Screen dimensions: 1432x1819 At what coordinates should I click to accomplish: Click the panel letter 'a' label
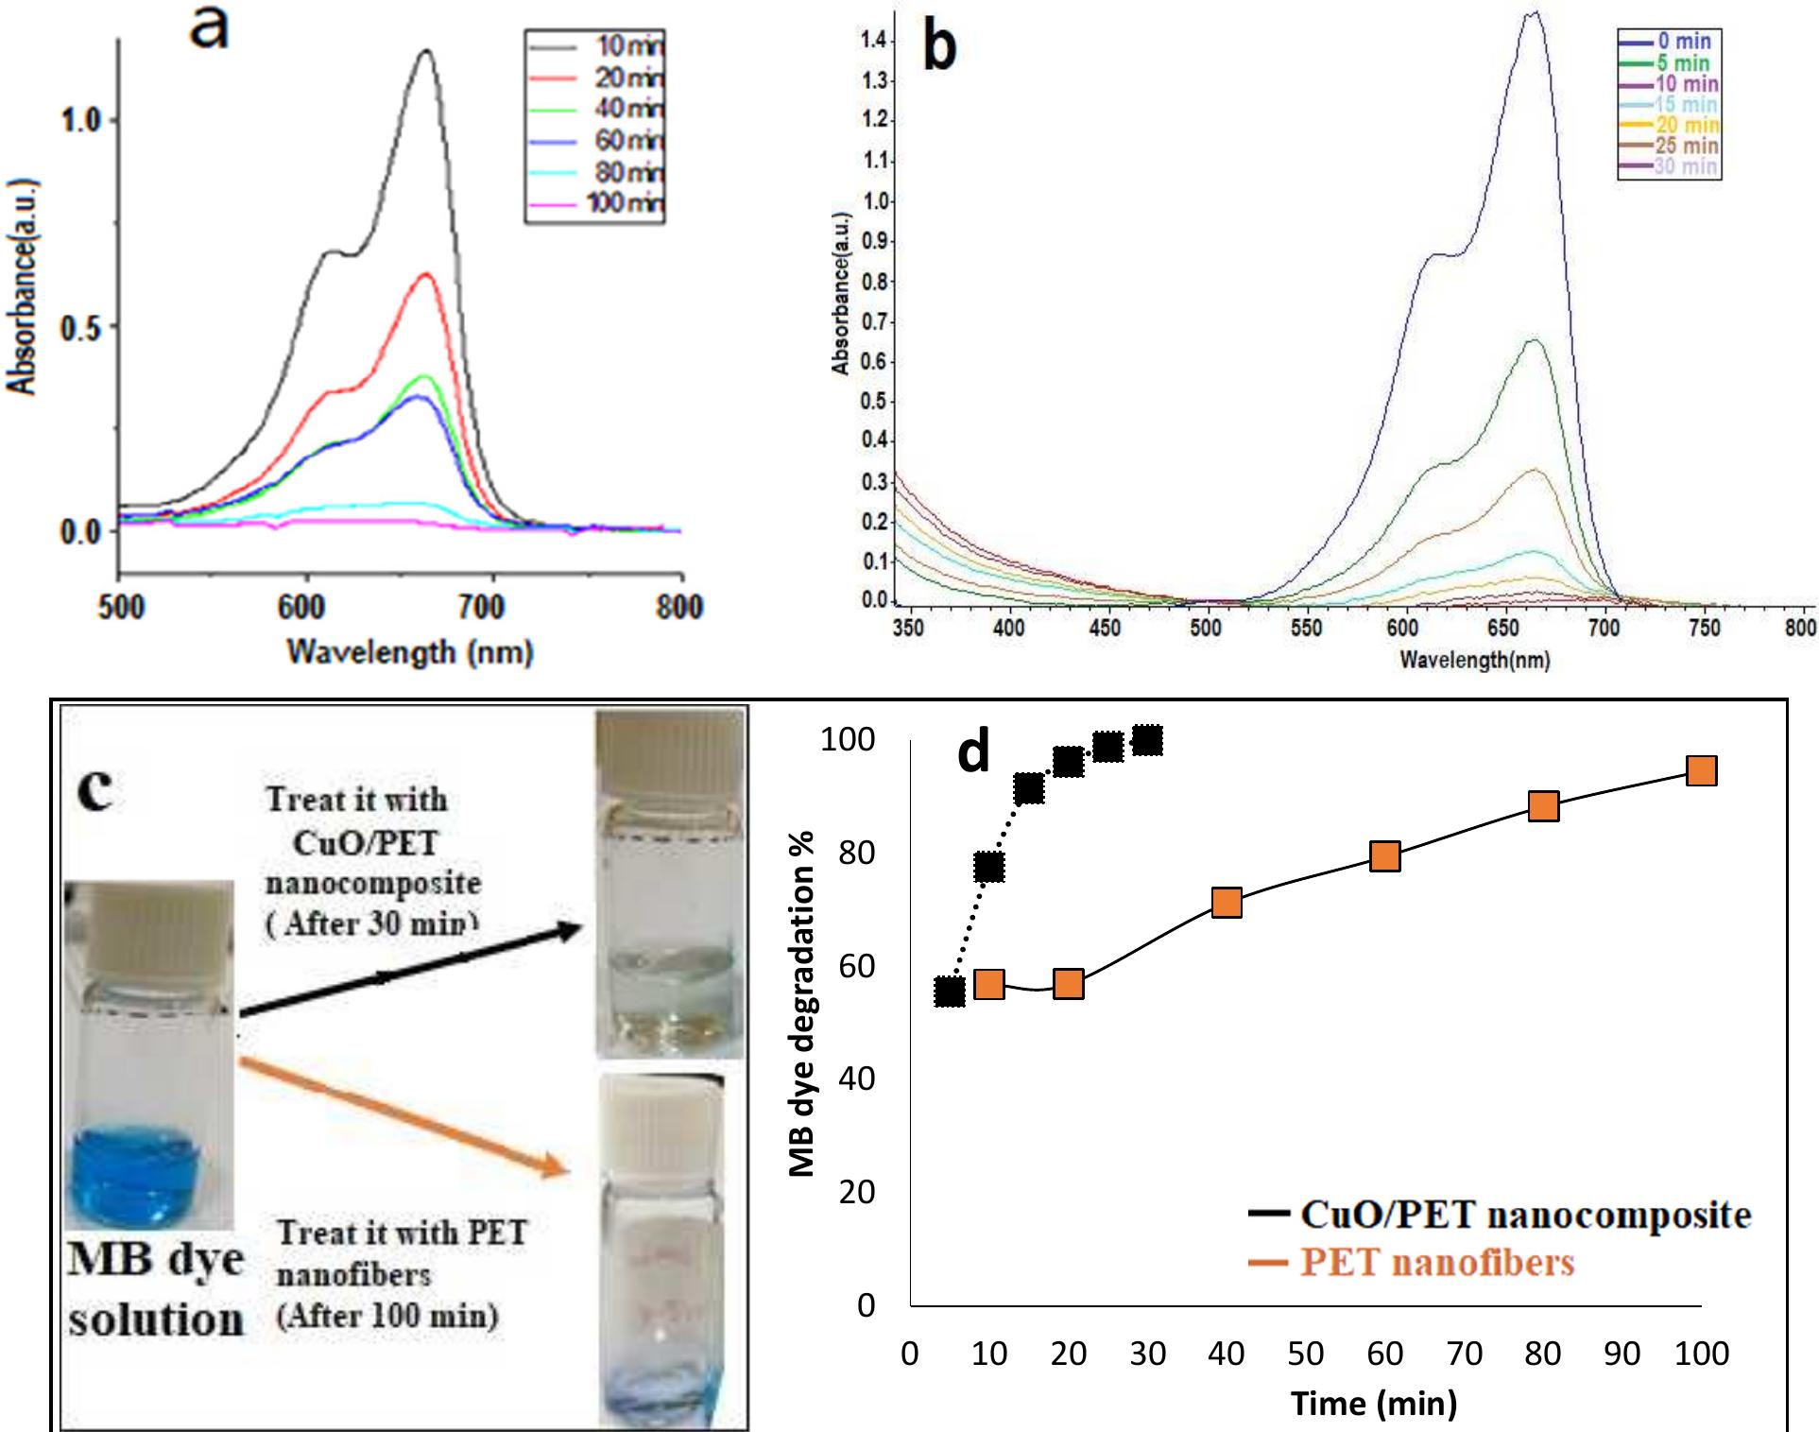209,28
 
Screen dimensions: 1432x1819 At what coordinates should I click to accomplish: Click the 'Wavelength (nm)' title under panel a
410,651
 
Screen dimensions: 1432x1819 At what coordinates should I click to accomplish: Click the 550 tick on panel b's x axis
1306,629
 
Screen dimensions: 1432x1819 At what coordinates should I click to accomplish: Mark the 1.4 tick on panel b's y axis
874,41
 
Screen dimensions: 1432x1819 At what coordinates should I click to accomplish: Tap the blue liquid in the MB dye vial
146,1172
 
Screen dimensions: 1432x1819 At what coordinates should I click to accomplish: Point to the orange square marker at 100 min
1701,771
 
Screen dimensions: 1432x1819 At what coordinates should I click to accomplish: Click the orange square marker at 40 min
1226,903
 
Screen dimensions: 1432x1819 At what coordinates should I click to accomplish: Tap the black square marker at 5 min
950,992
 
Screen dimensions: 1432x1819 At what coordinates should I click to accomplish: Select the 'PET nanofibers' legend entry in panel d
1436,1263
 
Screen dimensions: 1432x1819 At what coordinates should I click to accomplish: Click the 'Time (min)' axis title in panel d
1374,1404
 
